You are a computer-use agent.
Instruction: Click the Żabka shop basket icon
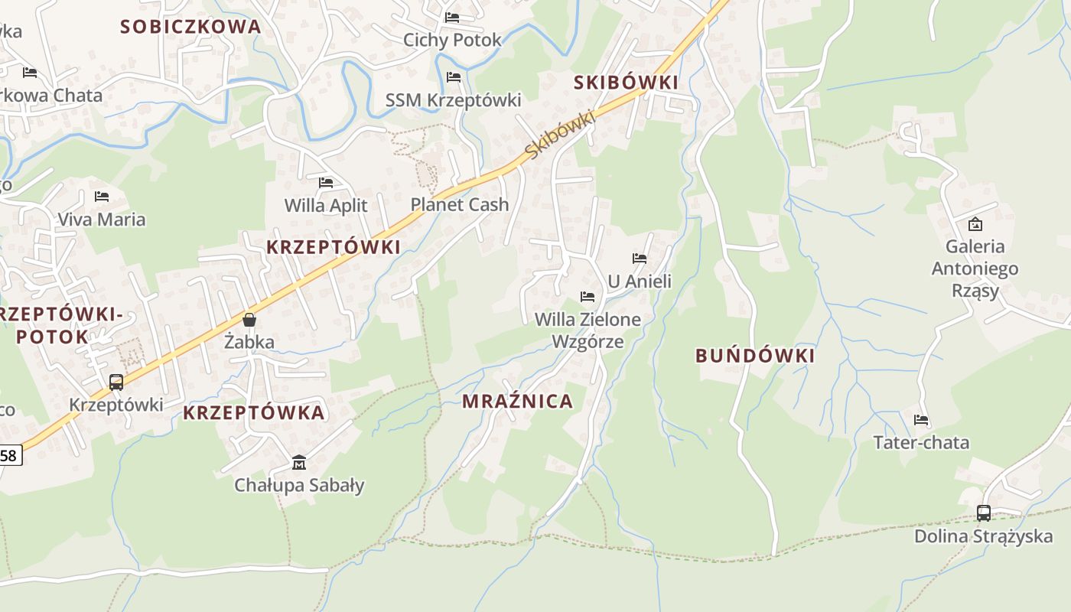(x=249, y=320)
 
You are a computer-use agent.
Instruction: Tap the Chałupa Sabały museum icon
(x=299, y=462)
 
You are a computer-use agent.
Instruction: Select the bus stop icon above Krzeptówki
(x=116, y=382)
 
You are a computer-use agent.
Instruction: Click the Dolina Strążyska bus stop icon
(x=984, y=513)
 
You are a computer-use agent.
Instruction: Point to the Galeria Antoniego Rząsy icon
(x=975, y=224)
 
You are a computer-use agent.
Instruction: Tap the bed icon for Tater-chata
(x=921, y=419)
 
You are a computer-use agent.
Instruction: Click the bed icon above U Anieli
(x=640, y=259)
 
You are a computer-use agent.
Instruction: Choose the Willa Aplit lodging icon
(x=326, y=183)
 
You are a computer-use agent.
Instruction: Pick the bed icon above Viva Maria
(x=102, y=197)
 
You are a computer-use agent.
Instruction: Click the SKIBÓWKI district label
(x=626, y=83)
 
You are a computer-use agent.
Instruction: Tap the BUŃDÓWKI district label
(x=755, y=356)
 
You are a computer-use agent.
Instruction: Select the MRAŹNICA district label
(x=517, y=402)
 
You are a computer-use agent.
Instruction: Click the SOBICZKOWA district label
(x=190, y=27)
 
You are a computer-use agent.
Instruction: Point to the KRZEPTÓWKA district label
(x=254, y=413)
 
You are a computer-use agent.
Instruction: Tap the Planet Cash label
(x=460, y=204)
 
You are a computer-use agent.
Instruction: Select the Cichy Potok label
(x=452, y=40)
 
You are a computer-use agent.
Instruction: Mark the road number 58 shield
(x=9, y=456)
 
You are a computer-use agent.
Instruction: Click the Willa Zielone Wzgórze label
(x=588, y=330)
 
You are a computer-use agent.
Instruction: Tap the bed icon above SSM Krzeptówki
(x=454, y=77)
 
